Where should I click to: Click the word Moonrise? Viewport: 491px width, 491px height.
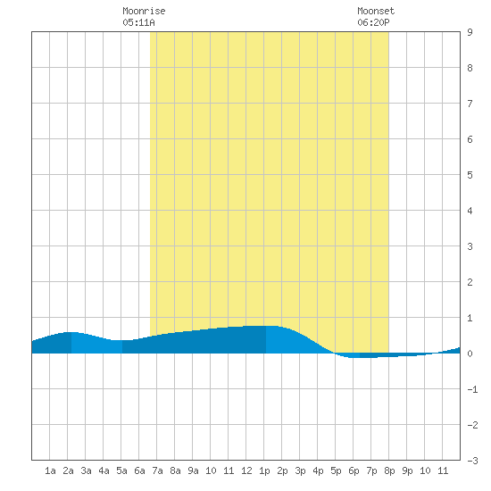[144, 11]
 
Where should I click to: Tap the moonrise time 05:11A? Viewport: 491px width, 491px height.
[138, 22]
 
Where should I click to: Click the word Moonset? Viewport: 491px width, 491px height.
[376, 11]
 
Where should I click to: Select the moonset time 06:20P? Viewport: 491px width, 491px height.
[373, 22]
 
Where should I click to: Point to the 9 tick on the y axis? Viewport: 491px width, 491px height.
[470, 32]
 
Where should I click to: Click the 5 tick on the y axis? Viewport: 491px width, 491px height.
[470, 175]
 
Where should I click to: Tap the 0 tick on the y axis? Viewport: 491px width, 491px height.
[470, 354]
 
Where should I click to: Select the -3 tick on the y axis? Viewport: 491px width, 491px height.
[472, 461]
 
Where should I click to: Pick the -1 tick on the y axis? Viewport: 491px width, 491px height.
[472, 389]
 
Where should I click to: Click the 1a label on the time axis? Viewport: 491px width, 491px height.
[50, 470]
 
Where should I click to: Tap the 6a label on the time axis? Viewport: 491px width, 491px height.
[139, 470]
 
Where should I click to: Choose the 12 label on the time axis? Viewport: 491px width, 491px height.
[246, 470]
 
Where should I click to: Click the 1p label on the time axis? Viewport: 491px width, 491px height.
[264, 470]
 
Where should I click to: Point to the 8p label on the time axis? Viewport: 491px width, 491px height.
[389, 470]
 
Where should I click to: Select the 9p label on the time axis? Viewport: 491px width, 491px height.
[407, 470]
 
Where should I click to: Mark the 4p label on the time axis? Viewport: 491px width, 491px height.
[318, 470]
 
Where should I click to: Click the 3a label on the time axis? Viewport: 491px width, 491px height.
[86, 470]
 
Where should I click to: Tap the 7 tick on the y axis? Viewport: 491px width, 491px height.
[470, 104]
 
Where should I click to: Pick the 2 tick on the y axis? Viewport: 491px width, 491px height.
[470, 282]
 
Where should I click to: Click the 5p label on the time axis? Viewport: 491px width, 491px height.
[336, 470]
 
